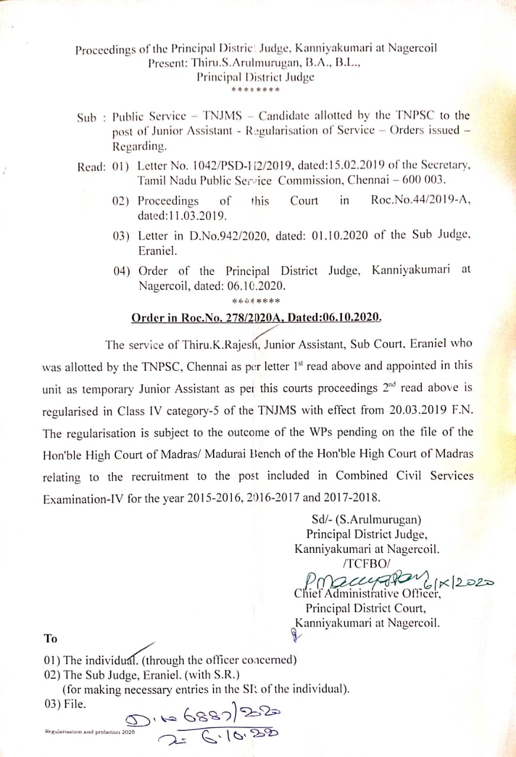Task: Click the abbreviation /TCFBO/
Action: tap(366, 562)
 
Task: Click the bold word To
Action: tap(50, 638)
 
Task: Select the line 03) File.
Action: tap(66, 704)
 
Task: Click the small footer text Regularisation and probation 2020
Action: tap(90, 732)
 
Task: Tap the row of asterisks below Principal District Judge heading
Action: tap(255, 90)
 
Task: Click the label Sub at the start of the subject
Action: tap(86, 117)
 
